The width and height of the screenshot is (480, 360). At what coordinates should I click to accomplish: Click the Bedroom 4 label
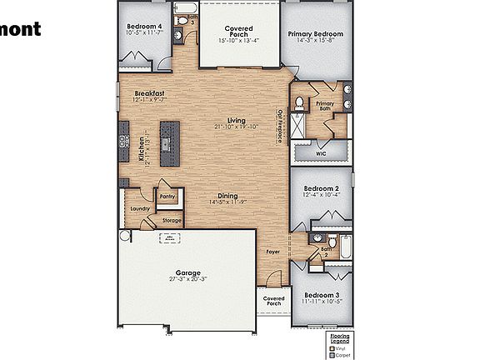coord(143,26)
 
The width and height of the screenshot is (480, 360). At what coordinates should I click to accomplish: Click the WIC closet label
coord(321,154)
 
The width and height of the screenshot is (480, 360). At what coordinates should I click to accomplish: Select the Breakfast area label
coord(148,93)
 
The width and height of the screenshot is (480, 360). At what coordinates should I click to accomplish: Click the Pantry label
coord(167,197)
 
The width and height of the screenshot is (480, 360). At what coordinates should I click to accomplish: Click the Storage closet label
coord(172,221)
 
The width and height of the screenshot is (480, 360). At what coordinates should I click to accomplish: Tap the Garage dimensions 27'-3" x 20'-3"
coord(186,281)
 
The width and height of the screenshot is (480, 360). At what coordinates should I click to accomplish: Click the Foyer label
coord(272,250)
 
